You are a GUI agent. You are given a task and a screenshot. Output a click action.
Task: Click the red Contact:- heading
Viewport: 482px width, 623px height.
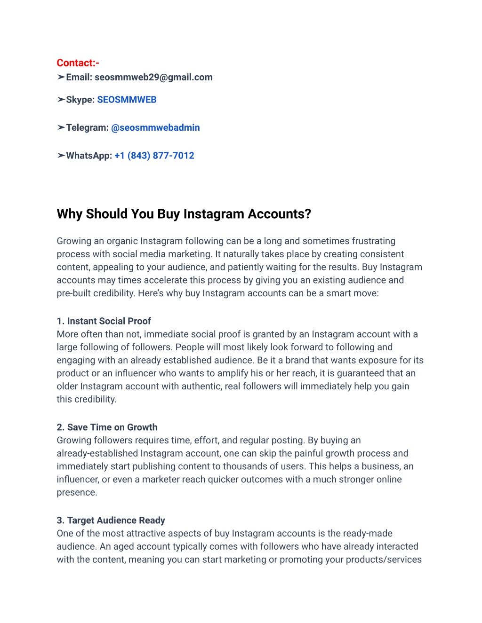click(x=78, y=63)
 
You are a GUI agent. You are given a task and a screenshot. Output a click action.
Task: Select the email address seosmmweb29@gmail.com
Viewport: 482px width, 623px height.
click(x=153, y=77)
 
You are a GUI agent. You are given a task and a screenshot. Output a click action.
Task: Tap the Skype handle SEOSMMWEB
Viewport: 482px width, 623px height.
click(x=127, y=100)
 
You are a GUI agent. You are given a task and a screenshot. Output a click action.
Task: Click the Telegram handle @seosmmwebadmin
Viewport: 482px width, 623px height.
click(x=155, y=127)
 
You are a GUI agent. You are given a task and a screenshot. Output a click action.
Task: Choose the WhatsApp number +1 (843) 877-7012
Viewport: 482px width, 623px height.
click(x=154, y=156)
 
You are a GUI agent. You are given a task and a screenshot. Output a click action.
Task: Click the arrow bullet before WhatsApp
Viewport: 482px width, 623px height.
click(x=61, y=156)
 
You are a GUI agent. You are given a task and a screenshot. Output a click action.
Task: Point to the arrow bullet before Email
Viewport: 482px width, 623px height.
click(x=61, y=77)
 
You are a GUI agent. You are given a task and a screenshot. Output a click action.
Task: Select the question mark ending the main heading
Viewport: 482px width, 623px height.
click(x=308, y=214)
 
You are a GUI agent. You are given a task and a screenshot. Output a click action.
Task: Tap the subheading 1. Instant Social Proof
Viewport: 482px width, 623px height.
click(x=104, y=321)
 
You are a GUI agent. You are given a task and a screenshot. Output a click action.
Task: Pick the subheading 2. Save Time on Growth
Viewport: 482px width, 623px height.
click(x=107, y=427)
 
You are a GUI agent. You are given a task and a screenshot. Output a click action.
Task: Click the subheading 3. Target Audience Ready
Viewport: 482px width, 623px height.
click(x=111, y=520)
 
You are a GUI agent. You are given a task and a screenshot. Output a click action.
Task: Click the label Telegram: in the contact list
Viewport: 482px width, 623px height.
click(x=87, y=127)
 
